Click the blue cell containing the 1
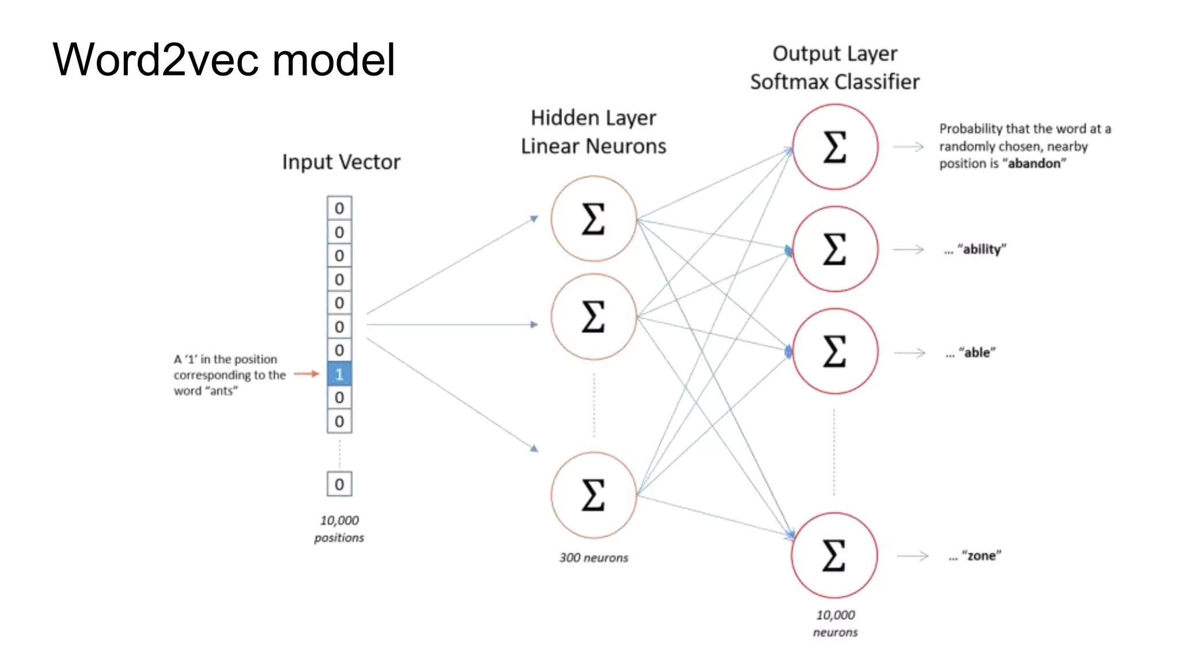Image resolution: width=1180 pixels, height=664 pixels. pyautogui.click(x=339, y=374)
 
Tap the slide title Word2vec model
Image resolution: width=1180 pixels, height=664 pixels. pyautogui.click(x=224, y=59)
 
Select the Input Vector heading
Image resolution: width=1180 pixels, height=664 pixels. pyautogui.click(x=341, y=162)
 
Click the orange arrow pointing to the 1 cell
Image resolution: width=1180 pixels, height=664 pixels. pyautogui.click(x=306, y=374)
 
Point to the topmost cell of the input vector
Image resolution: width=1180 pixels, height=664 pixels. pyautogui.click(x=339, y=208)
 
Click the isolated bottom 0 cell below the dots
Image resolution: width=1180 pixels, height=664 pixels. pyautogui.click(x=339, y=484)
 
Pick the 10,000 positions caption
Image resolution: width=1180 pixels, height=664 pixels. pyautogui.click(x=339, y=529)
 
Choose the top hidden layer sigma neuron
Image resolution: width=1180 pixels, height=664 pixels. pyautogui.click(x=593, y=219)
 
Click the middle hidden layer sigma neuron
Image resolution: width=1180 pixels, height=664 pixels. pyautogui.click(x=593, y=316)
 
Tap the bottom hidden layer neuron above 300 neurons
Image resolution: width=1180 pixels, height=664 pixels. pyautogui.click(x=593, y=495)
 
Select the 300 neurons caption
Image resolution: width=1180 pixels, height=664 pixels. pyautogui.click(x=593, y=557)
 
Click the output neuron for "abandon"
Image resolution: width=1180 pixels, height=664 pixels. pyautogui.click(x=835, y=147)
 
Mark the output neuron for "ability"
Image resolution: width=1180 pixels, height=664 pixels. pyautogui.click(x=835, y=249)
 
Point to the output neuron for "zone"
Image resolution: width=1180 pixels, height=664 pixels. pyautogui.click(x=834, y=555)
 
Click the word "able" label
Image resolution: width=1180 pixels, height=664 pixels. pyautogui.click(x=977, y=352)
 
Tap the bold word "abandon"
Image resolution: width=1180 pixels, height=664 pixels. pyautogui.click(x=1034, y=164)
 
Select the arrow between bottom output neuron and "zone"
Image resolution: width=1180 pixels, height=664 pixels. pyautogui.click(x=913, y=556)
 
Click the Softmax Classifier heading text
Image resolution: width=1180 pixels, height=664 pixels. pyautogui.click(x=835, y=82)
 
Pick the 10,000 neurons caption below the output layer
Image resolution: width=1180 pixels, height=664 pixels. pyautogui.click(x=835, y=623)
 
